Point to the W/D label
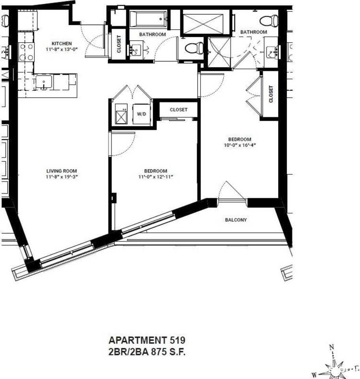coord(141,114)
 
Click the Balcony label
coord(236,220)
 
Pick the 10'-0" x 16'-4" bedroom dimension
coord(240,145)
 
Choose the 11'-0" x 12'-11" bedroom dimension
coord(156,176)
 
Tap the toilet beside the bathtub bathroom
coord(195,48)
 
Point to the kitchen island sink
coord(42,83)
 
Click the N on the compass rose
coord(332,348)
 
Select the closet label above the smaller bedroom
coord(178,110)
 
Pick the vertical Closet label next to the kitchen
coord(118,45)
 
